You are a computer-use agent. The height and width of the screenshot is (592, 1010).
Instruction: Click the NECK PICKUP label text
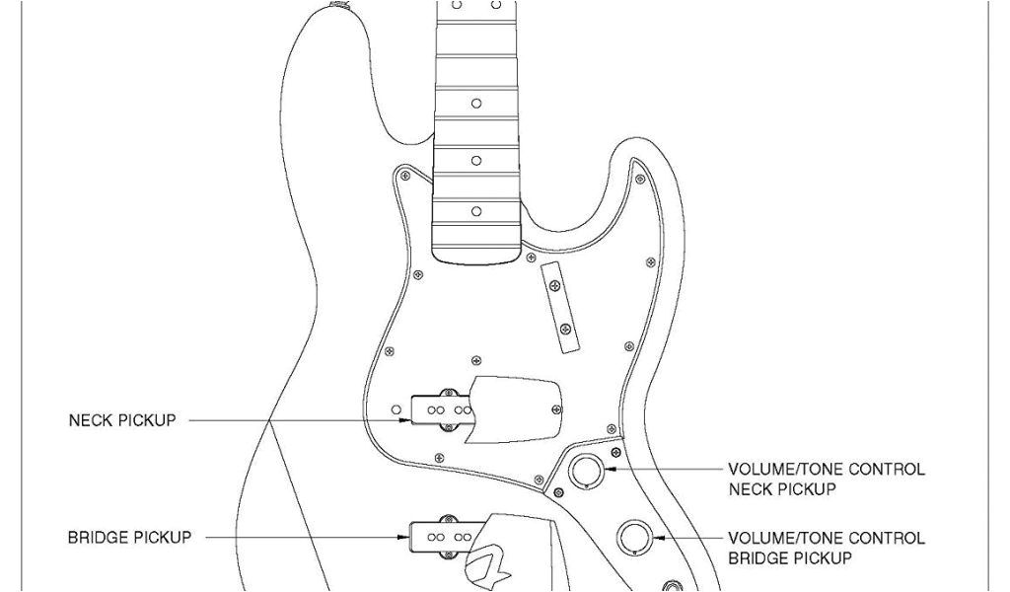pos(121,421)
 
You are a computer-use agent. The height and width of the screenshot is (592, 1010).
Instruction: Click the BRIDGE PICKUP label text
pos(129,538)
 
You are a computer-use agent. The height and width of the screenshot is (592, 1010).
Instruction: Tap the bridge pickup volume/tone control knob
pos(634,538)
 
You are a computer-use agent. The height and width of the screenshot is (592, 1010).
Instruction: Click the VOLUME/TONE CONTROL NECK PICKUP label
pos(826,479)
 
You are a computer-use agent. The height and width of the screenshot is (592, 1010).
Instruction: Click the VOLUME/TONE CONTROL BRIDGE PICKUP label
pos(826,548)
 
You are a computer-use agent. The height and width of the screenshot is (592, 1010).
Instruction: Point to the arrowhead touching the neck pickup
pos(403,421)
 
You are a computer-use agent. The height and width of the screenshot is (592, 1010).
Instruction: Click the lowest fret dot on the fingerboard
pos(475,210)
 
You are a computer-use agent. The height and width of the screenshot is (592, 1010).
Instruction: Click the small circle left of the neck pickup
pos(397,407)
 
